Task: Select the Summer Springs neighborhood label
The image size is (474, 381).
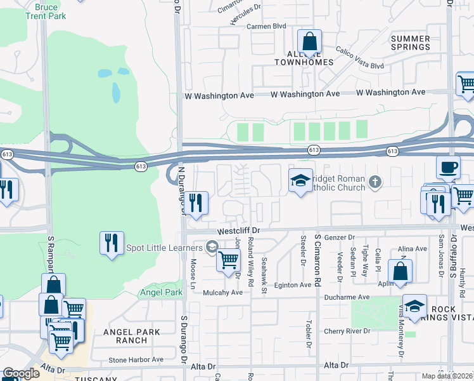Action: coord(410,43)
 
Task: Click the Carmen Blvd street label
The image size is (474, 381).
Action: coord(267,26)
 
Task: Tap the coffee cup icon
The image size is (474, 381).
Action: coord(448,169)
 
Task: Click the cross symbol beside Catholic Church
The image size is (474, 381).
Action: coord(375,183)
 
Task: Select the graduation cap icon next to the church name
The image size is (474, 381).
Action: coord(300,181)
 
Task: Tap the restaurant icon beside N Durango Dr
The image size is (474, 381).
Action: coord(196,204)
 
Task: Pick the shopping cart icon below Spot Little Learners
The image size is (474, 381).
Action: coord(228,260)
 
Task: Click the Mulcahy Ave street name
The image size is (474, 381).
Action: coord(223,292)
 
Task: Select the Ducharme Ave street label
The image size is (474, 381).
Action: coord(345,297)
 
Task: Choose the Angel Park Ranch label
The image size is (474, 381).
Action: coord(122,336)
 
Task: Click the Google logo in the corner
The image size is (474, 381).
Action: coord(21,373)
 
